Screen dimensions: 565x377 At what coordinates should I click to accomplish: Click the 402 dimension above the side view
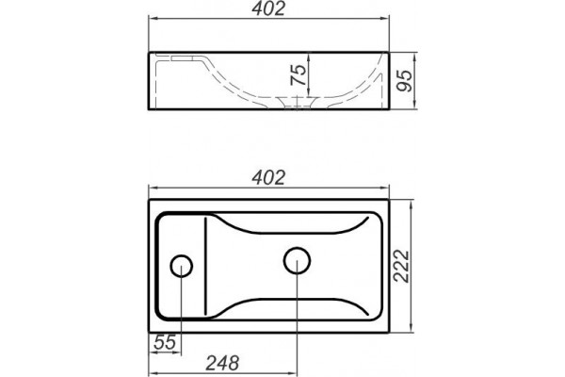pyautogui.click(x=268, y=8)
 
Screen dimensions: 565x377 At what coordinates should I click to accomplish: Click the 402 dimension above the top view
pyautogui.click(x=268, y=178)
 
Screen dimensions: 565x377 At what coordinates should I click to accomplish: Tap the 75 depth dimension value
pyautogui.click(x=299, y=74)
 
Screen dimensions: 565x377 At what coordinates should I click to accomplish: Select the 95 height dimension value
pyautogui.click(x=404, y=80)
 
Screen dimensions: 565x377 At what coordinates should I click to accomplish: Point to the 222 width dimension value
pyautogui.click(x=401, y=266)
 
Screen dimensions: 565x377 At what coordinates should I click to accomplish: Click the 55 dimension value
pyautogui.click(x=165, y=342)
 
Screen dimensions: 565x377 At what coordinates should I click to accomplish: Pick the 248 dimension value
pyautogui.click(x=222, y=363)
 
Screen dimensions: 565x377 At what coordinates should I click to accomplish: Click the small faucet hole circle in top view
pyautogui.click(x=181, y=266)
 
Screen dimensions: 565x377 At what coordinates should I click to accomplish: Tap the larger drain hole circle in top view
pyautogui.click(x=297, y=260)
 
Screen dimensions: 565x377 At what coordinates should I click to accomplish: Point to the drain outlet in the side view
pyautogui.click(x=297, y=102)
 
